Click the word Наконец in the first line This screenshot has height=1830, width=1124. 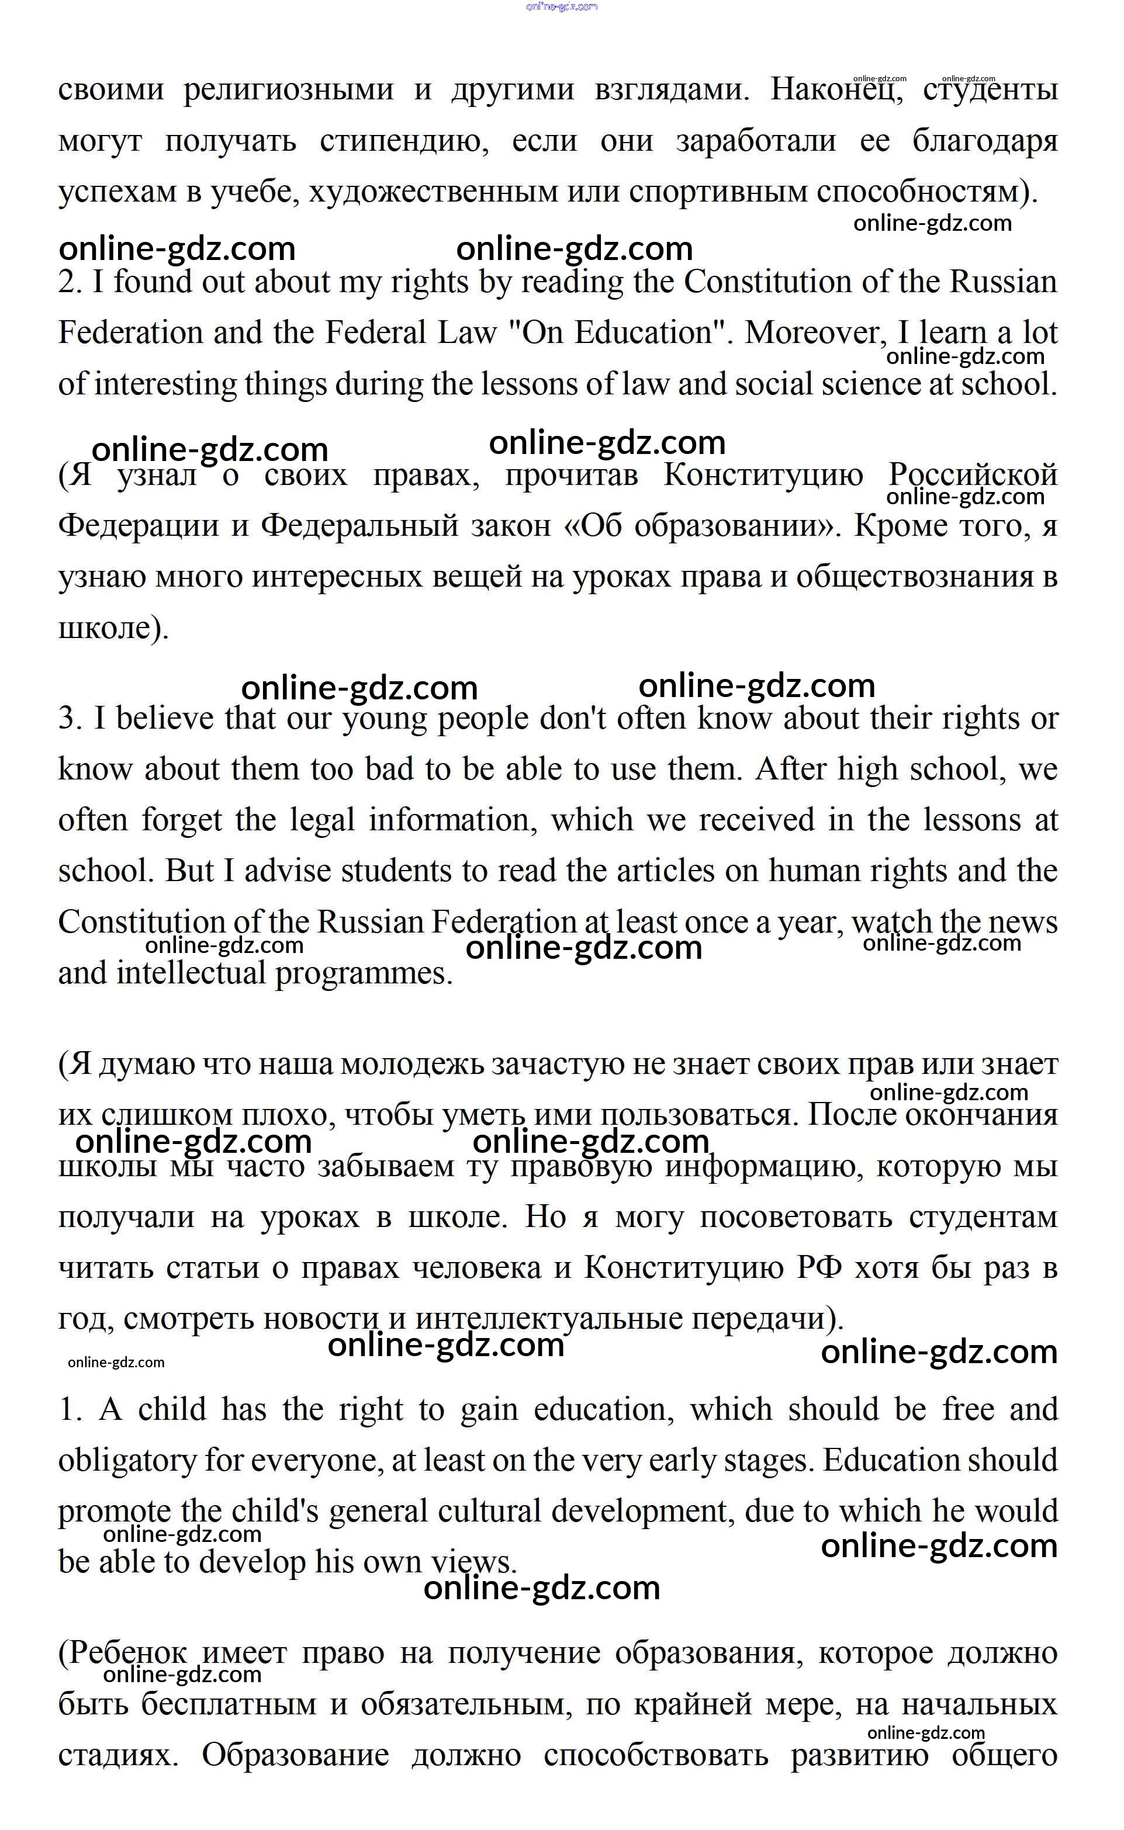836,90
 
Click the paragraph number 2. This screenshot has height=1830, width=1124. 70,282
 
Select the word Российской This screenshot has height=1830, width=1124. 973,475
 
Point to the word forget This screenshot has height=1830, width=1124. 181,820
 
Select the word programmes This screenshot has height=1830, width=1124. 364,973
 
